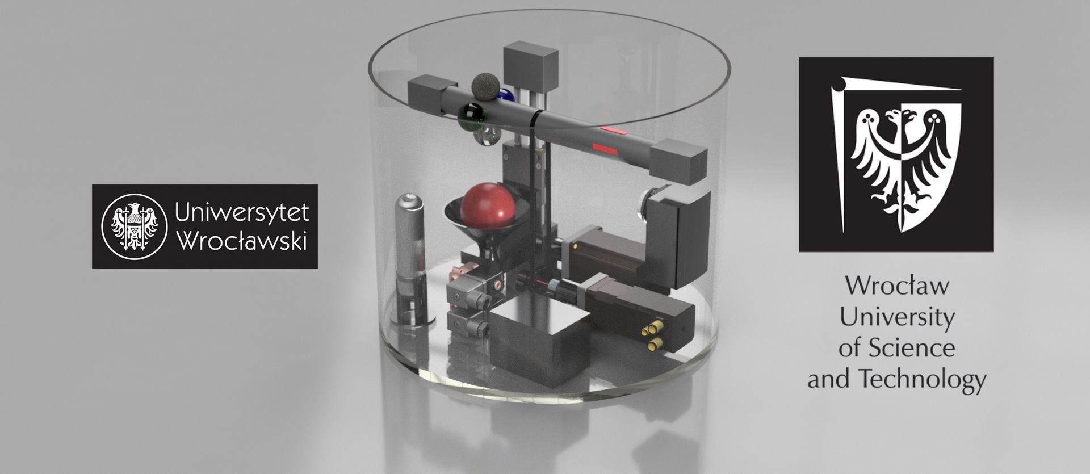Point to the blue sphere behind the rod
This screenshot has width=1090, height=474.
(506, 95)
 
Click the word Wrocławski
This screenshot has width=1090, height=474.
(242, 240)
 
